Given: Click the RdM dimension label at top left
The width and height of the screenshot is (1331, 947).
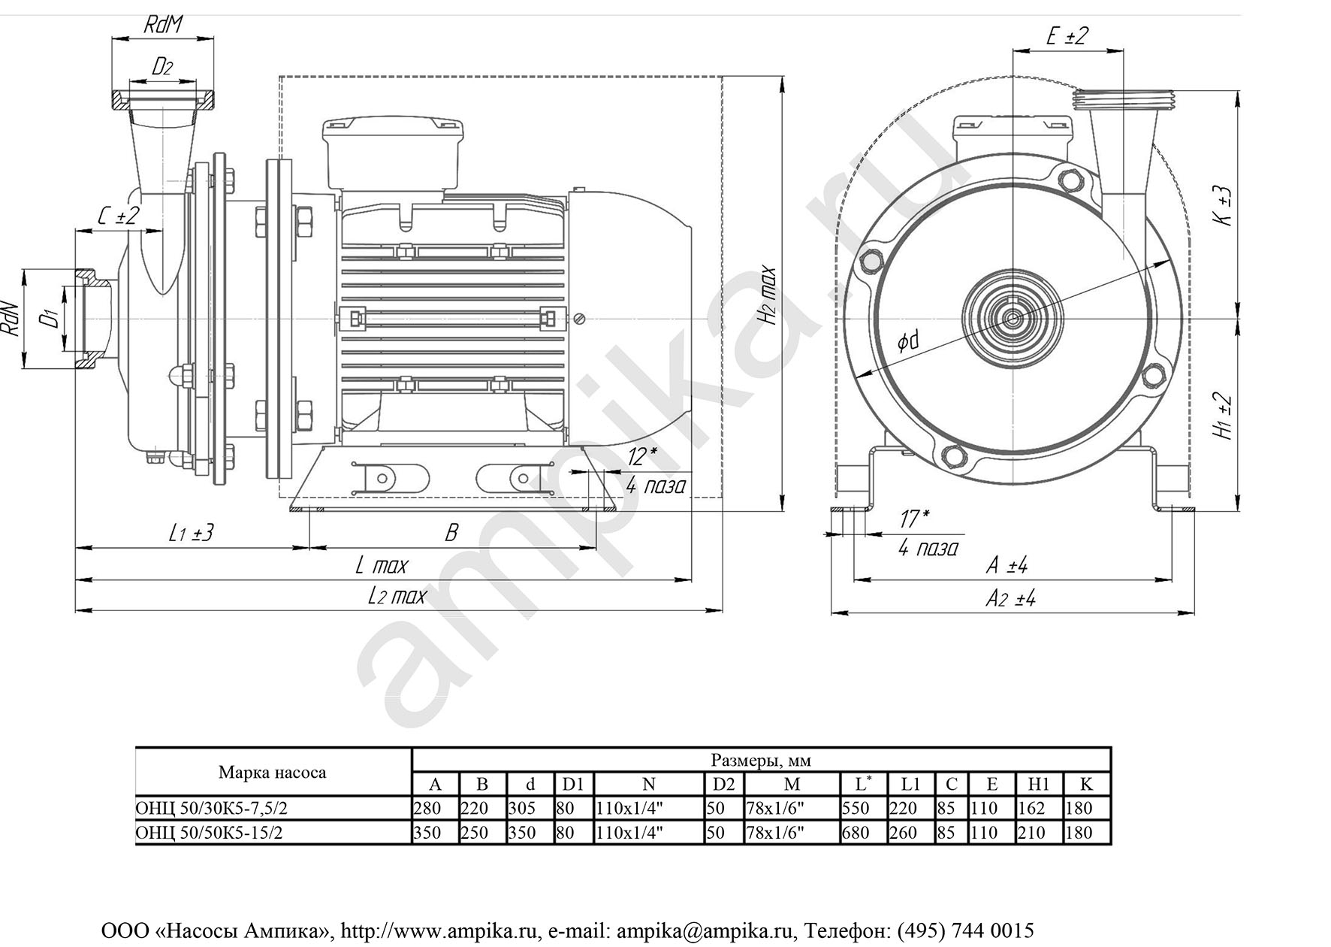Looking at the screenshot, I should (x=163, y=25).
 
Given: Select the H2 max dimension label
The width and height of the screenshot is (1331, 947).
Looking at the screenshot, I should (x=768, y=294).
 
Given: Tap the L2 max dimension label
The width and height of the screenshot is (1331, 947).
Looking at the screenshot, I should (x=397, y=597).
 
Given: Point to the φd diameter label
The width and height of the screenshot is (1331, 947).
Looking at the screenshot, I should (x=908, y=343).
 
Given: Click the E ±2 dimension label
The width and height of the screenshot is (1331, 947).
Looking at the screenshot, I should (x=1067, y=35).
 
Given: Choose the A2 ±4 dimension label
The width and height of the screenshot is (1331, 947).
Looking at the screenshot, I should (x=1010, y=599).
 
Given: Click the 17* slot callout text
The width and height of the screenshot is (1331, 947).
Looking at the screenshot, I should (x=914, y=519).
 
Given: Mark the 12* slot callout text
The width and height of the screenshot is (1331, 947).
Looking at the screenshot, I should (x=642, y=456).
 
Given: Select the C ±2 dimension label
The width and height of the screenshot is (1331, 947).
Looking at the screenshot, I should (x=119, y=216).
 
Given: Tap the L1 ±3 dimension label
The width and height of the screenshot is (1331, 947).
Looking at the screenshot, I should (x=191, y=533).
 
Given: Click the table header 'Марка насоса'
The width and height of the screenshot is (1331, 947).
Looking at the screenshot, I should (x=272, y=773).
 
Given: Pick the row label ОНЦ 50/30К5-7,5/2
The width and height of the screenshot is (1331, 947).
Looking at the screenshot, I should (x=211, y=809).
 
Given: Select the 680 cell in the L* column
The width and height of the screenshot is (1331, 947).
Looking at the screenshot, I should (x=856, y=833).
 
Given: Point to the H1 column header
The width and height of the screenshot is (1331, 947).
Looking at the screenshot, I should (x=1038, y=785).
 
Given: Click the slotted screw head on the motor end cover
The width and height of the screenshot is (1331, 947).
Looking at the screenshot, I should (x=579, y=319).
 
